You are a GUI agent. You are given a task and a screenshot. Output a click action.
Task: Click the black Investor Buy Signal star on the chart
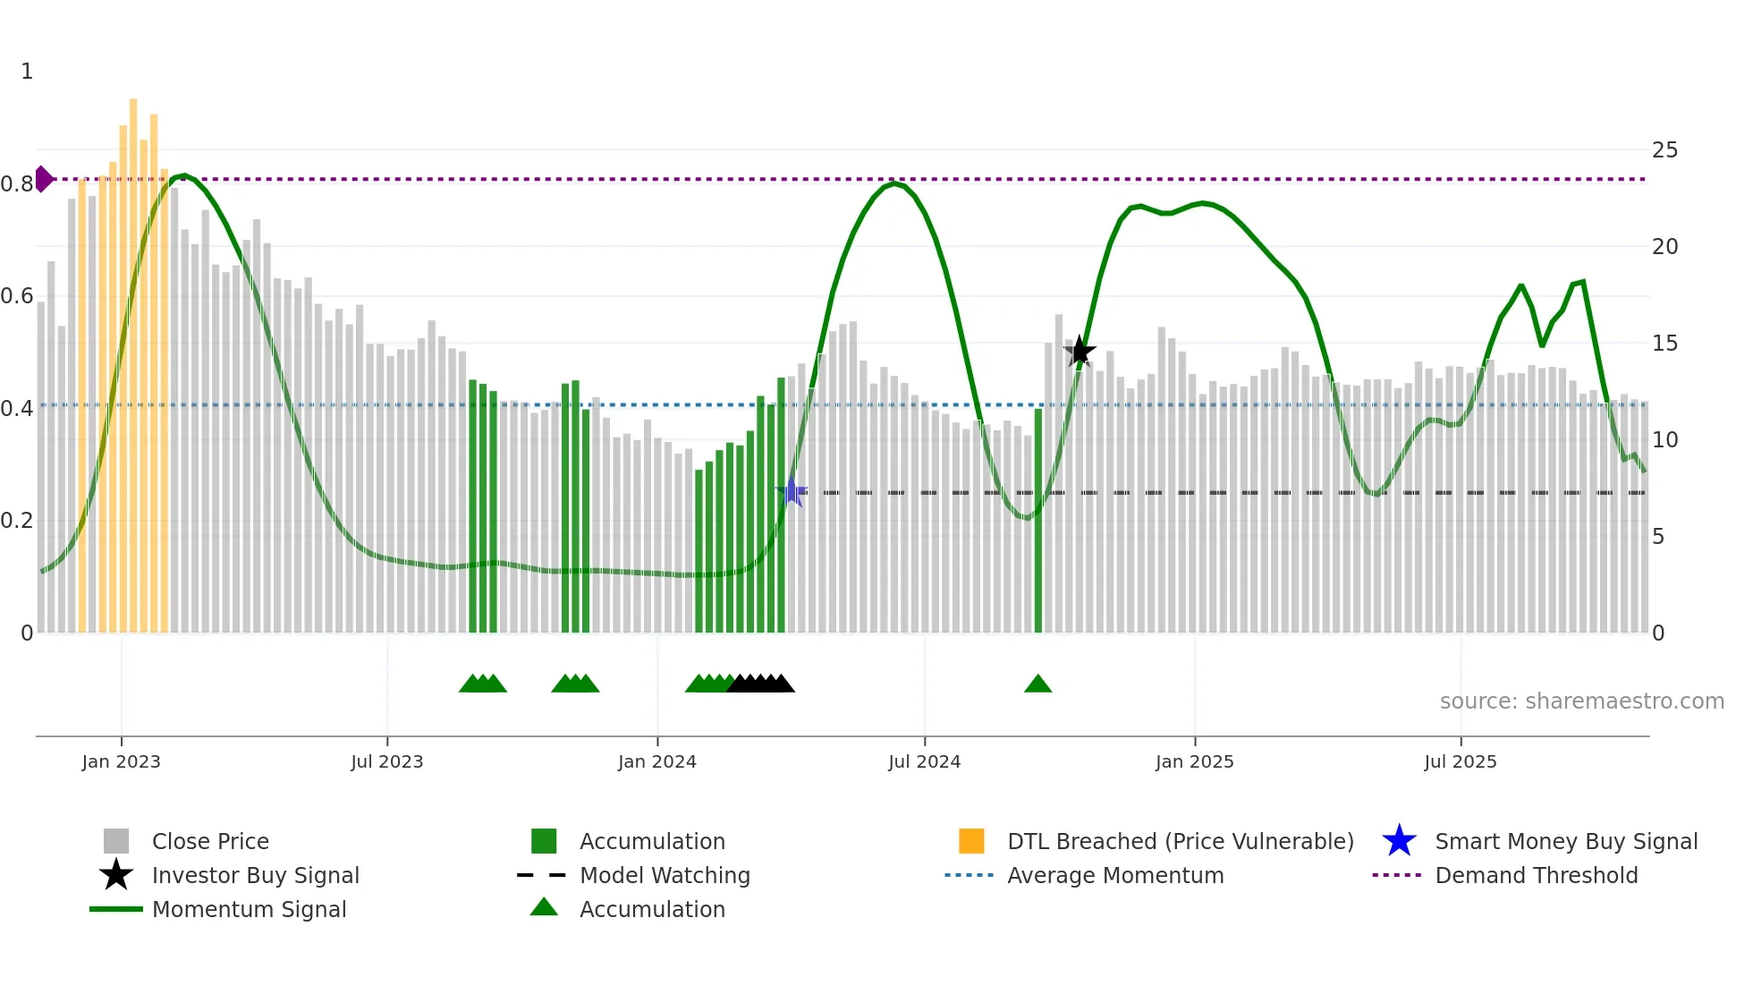click(x=1080, y=352)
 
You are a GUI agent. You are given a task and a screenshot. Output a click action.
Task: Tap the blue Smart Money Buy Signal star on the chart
click(x=792, y=491)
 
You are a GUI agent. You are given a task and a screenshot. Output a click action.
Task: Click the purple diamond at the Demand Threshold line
click(x=43, y=179)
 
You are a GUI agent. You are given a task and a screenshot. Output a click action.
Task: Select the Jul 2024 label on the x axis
click(x=924, y=761)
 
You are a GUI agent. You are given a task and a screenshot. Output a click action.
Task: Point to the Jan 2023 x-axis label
click(x=121, y=761)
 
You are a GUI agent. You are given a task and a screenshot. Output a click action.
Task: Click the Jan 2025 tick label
click(x=1194, y=761)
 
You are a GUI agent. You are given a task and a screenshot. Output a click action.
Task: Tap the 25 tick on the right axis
click(x=1664, y=150)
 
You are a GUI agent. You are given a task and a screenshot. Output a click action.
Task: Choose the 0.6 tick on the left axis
click(x=17, y=296)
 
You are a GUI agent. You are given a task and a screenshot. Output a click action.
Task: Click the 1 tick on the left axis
click(x=27, y=72)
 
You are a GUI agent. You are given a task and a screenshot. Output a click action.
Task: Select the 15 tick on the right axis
click(x=1664, y=344)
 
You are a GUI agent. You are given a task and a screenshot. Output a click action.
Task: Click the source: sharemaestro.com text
click(x=1581, y=701)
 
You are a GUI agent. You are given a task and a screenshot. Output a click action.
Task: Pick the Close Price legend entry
click(x=210, y=841)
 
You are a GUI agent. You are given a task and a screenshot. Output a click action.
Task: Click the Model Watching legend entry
click(x=665, y=875)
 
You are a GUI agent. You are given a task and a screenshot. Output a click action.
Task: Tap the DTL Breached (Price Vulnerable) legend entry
click(x=1180, y=841)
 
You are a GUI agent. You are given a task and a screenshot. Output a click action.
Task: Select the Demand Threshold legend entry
click(x=1536, y=875)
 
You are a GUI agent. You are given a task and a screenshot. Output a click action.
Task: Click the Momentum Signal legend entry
click(x=249, y=909)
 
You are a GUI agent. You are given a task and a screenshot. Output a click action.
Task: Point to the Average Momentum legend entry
click(x=1115, y=875)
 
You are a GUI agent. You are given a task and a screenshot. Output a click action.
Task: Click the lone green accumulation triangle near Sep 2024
click(x=1037, y=684)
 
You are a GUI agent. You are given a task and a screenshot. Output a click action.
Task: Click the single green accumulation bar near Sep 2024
click(x=1038, y=519)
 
